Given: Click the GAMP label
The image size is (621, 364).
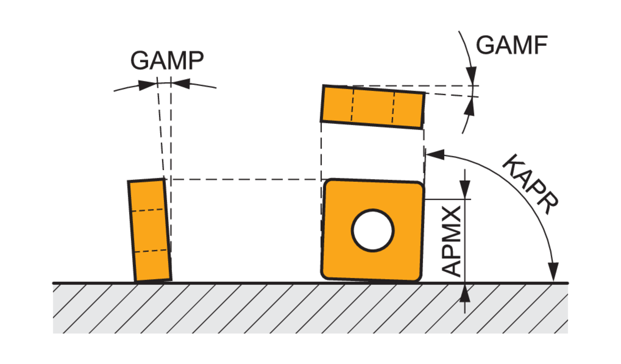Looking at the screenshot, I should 167,60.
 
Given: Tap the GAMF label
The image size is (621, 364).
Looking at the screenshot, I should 512,45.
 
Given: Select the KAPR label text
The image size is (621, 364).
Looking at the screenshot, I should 530,184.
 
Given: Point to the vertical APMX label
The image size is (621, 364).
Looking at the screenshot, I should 452,241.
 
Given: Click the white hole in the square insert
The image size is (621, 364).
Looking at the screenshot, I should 373,230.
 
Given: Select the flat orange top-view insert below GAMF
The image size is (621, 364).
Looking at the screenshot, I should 373,107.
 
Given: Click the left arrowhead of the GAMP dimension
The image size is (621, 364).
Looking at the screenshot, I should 147,85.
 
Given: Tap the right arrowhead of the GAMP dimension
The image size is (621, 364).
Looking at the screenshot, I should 181,84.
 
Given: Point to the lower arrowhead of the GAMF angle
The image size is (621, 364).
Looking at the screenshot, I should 469,107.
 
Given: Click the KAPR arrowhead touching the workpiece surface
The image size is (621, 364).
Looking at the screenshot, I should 554,272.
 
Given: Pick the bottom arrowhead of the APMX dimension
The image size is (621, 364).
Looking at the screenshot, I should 465,294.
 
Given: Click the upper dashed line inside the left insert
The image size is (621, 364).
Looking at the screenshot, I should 148,210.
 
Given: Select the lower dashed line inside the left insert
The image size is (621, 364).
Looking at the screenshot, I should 152,251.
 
